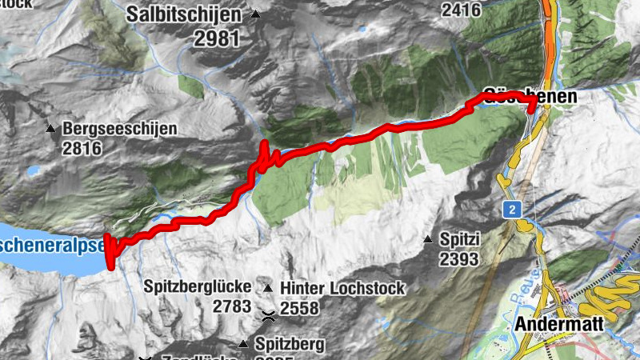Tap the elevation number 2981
[216, 38]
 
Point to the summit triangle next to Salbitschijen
[255, 14]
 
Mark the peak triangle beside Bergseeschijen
[50, 128]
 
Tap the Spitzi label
[459, 239]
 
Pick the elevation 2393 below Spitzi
[458, 258]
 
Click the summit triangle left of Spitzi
[428, 239]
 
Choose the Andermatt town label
[557, 325]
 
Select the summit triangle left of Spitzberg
[242, 345]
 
